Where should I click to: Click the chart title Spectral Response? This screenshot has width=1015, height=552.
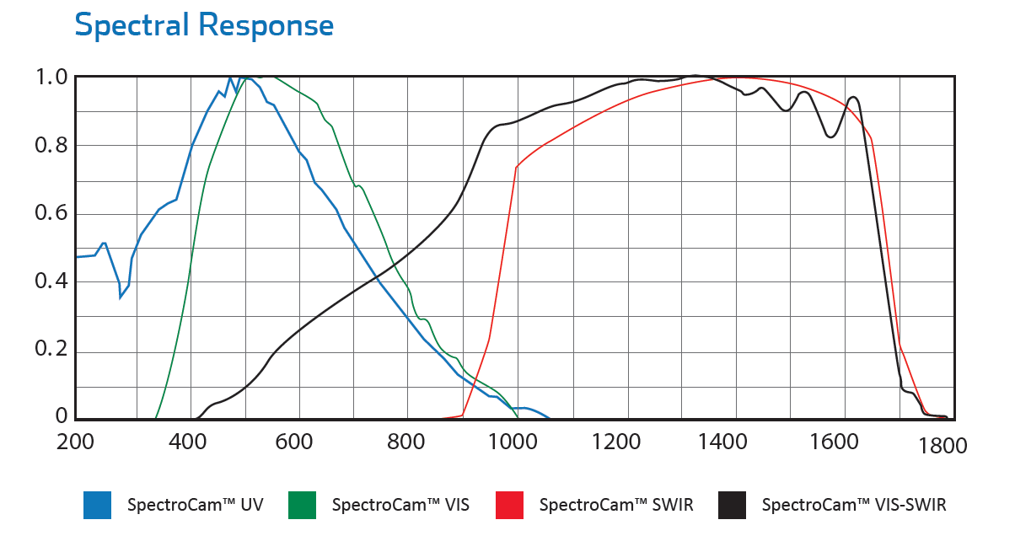pos(204,25)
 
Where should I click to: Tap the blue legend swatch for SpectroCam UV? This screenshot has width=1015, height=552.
pos(97,505)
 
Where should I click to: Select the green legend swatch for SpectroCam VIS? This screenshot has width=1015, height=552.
pos(302,505)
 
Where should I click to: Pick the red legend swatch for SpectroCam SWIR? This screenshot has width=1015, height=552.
pos(508,505)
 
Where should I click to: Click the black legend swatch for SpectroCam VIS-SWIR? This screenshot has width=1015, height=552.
pos(732,505)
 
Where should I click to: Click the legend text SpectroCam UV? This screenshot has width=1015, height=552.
pos(195,506)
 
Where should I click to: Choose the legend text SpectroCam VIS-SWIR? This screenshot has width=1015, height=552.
pos(854,506)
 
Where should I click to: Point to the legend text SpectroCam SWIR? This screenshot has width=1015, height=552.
pos(616,506)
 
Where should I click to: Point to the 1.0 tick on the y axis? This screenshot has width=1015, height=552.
pos(50,78)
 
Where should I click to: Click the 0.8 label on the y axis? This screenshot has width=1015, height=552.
pos(50,146)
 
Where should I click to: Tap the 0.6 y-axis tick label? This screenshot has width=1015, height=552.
pos(50,214)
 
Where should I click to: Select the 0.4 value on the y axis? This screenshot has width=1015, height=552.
pos(50,281)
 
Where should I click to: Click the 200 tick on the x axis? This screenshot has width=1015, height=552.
pos(76,442)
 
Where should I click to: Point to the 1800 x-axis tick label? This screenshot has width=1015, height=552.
pos(943,447)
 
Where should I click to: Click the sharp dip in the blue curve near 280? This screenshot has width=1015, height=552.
pos(121,297)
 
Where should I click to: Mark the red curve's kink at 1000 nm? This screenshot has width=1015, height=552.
pos(516,167)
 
